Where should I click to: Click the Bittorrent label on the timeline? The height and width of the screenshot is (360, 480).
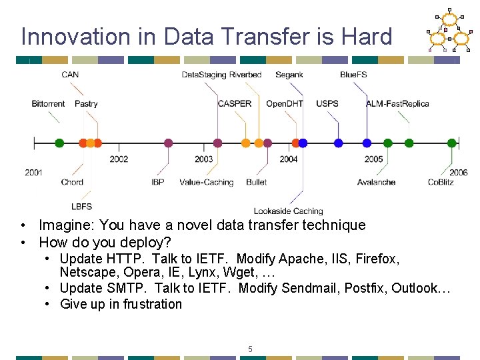pyautogui.click(x=48, y=103)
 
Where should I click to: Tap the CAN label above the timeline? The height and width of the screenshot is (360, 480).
pyautogui.click(x=70, y=75)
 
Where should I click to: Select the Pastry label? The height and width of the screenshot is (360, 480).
pyautogui.click(x=86, y=103)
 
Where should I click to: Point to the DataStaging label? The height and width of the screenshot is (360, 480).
pyautogui.click(x=204, y=75)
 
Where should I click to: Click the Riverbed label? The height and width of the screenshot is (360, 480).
pyautogui.click(x=245, y=75)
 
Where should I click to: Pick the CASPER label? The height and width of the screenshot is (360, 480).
pyautogui.click(x=235, y=103)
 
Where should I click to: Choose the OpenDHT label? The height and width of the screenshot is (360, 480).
pyautogui.click(x=285, y=103)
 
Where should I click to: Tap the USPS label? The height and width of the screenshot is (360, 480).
pyautogui.click(x=327, y=103)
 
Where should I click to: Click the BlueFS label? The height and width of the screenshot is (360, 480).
pyautogui.click(x=353, y=75)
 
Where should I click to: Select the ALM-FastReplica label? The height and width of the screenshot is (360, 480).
pyautogui.click(x=397, y=103)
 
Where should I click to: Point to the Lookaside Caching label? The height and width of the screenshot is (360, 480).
pyautogui.click(x=288, y=211)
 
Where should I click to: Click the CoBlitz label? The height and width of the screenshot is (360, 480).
pyautogui.click(x=441, y=182)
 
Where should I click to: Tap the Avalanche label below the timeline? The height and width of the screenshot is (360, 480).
pyautogui.click(x=376, y=182)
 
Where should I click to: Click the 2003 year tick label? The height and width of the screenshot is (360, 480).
pyautogui.click(x=204, y=159)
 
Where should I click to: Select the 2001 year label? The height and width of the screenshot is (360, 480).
pyautogui.click(x=34, y=173)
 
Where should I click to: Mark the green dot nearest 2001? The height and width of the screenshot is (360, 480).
pyautogui.click(x=59, y=143)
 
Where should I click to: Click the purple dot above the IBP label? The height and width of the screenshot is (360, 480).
pyautogui.click(x=168, y=143)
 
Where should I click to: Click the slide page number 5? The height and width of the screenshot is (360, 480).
pyautogui.click(x=250, y=349)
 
